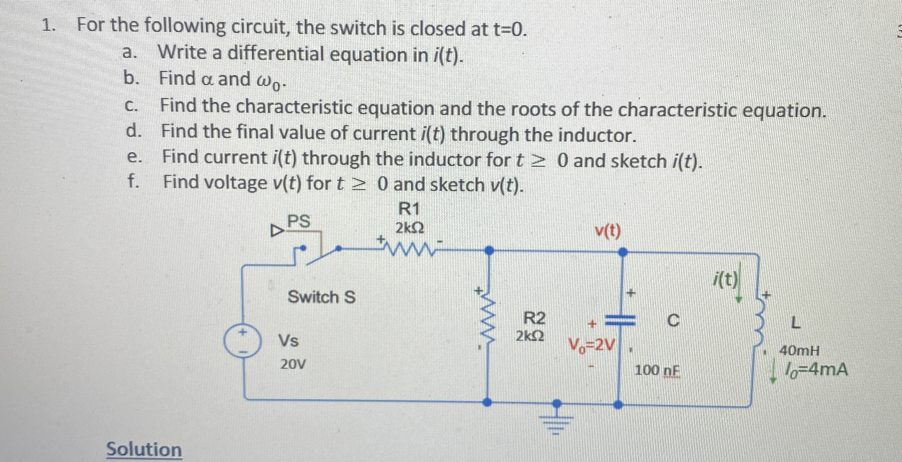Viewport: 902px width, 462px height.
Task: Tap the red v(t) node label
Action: pyautogui.click(x=608, y=232)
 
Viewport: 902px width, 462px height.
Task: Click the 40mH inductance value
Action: pyautogui.click(x=799, y=350)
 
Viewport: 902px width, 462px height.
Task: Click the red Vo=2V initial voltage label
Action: pyautogui.click(x=590, y=345)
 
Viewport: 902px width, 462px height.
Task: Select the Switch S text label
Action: pyautogui.click(x=321, y=297)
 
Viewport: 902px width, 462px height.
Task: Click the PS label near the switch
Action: pyautogui.click(x=299, y=221)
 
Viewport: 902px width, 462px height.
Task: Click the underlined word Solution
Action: pyautogui.click(x=144, y=450)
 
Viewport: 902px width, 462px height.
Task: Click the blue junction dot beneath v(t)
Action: pyautogui.click(x=622, y=252)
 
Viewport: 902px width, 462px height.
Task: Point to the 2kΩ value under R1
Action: pyautogui.click(x=410, y=228)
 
